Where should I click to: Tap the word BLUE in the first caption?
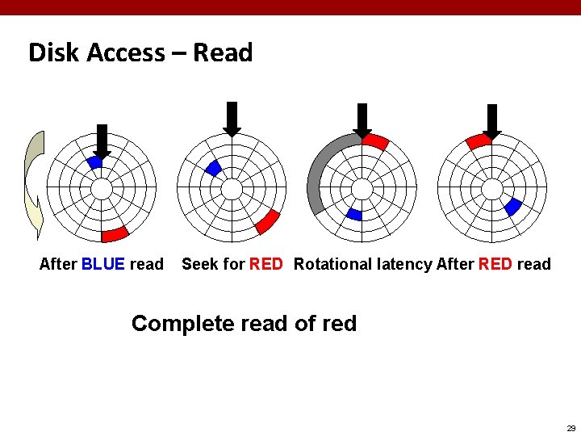(x=103, y=264)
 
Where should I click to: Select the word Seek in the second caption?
(x=199, y=264)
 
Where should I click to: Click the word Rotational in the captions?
(x=333, y=264)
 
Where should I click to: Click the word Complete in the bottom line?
(x=181, y=324)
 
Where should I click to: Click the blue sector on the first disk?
(x=94, y=162)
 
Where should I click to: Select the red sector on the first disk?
(x=115, y=234)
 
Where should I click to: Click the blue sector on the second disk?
(x=214, y=168)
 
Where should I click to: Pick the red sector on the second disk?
(x=267, y=221)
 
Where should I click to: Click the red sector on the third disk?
(x=375, y=142)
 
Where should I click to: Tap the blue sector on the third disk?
(x=353, y=214)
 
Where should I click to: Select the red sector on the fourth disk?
(x=479, y=141)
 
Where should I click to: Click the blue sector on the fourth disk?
(x=512, y=207)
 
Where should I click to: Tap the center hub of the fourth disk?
(x=492, y=189)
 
